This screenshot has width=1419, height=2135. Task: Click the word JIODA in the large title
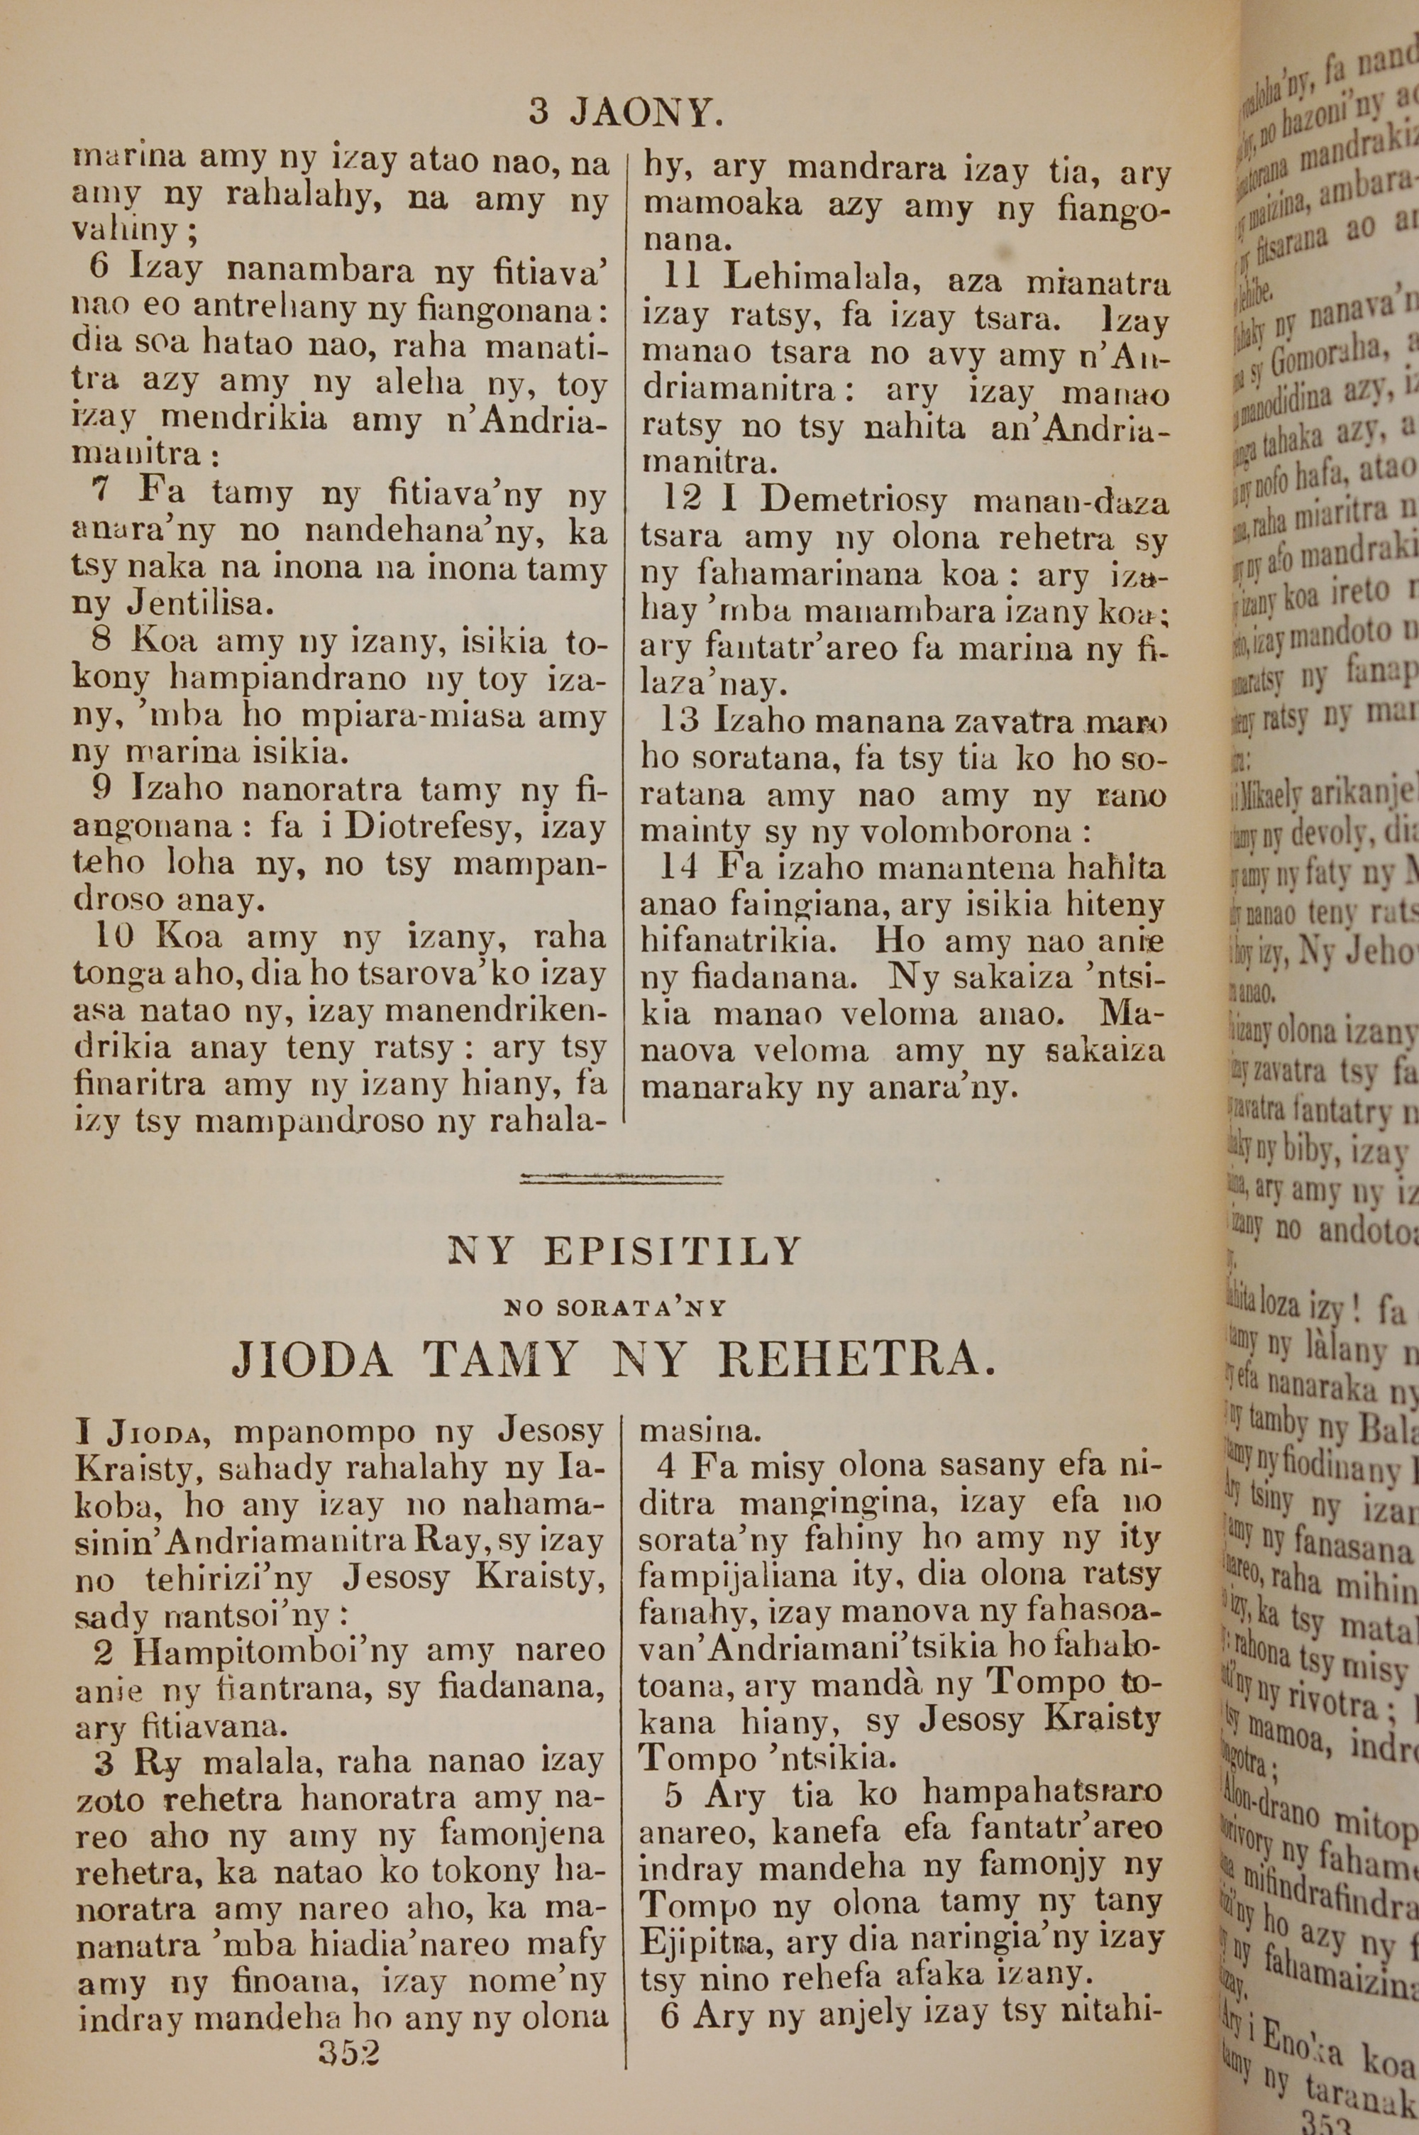(x=312, y=1359)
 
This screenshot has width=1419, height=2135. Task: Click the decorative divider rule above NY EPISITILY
(x=622, y=1178)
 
